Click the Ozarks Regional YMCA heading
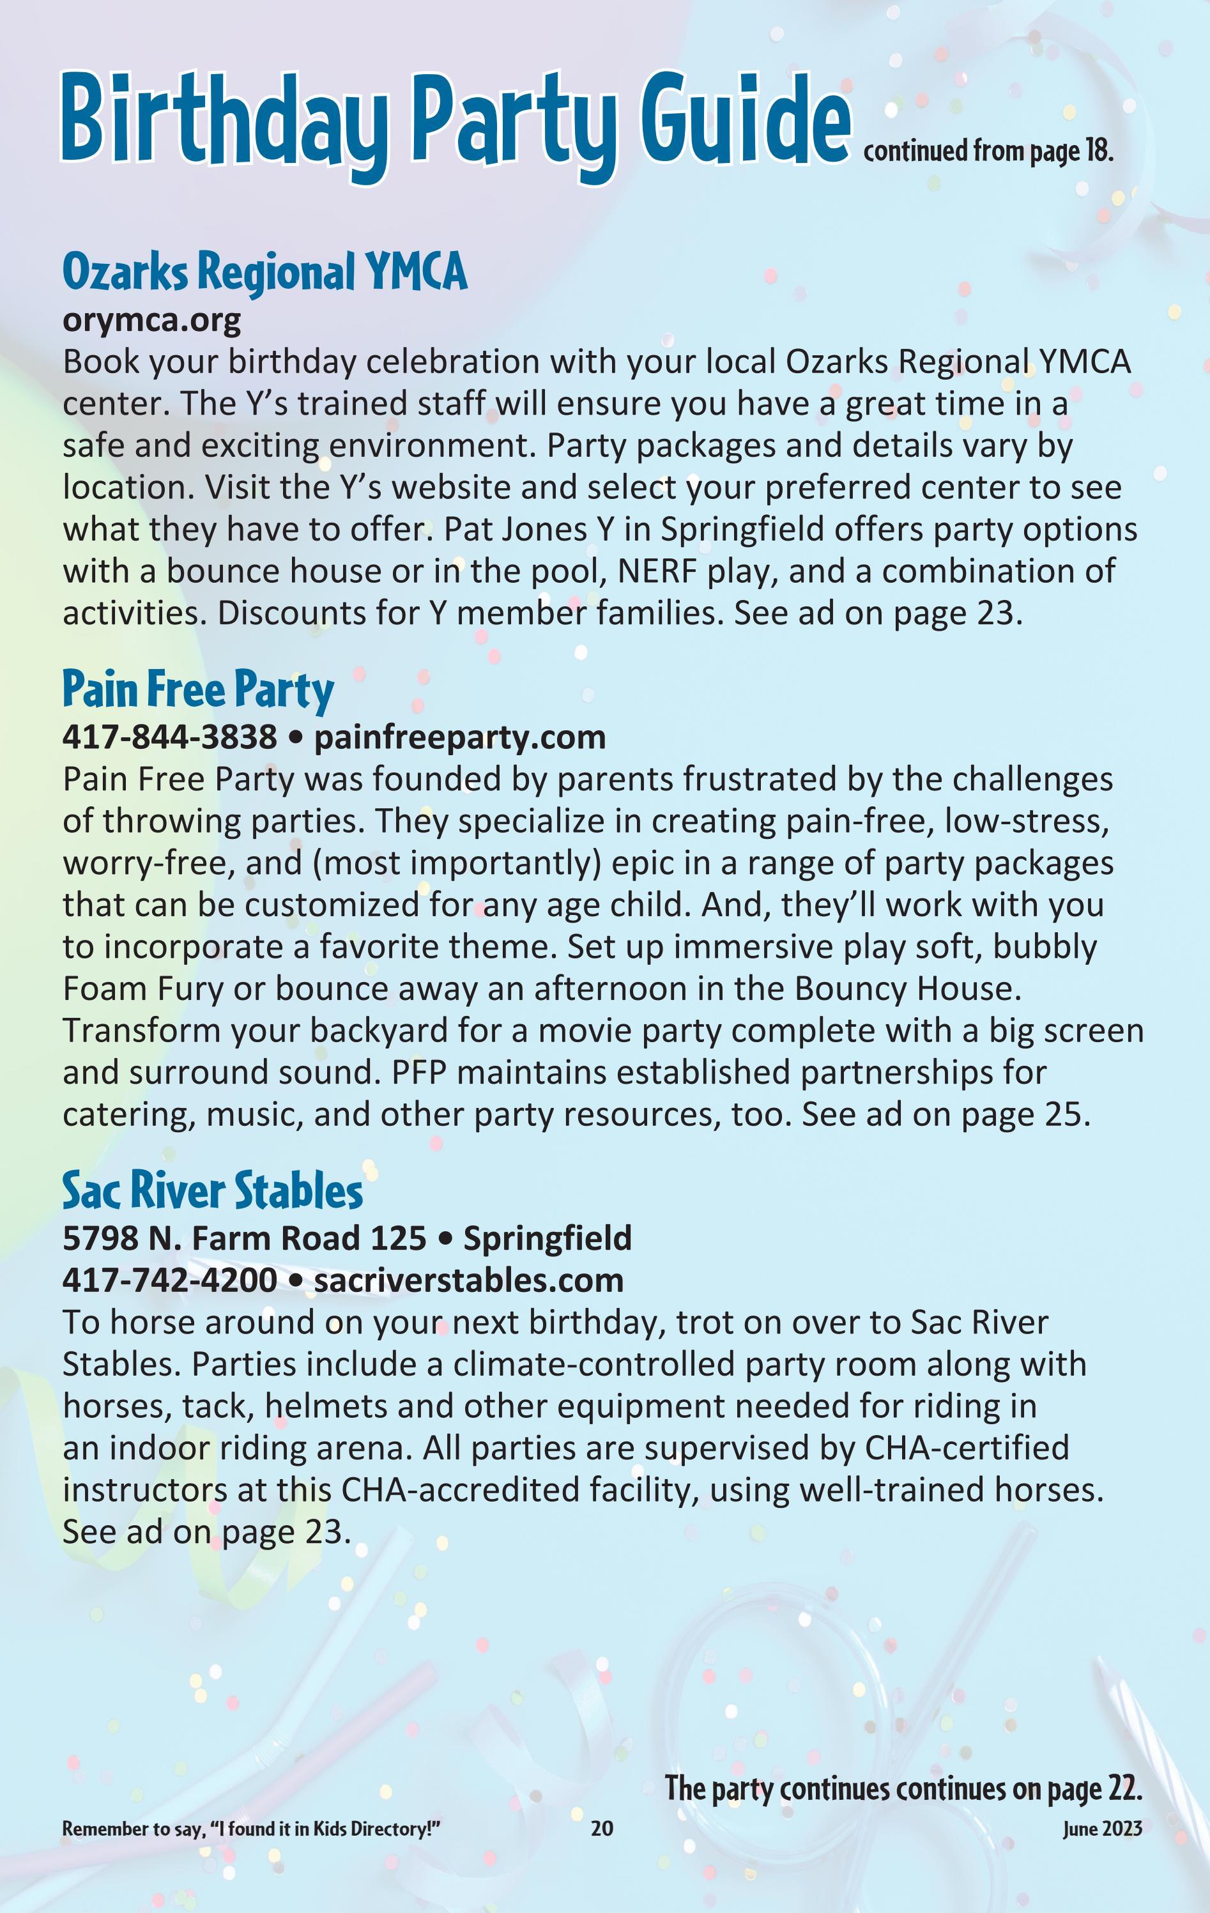(264, 272)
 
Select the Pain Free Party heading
(198, 689)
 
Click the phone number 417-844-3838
(169, 737)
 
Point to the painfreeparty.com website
(459, 737)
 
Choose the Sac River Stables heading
(212, 1191)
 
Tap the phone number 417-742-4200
(169, 1280)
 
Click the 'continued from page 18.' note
(988, 151)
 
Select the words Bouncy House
(905, 989)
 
